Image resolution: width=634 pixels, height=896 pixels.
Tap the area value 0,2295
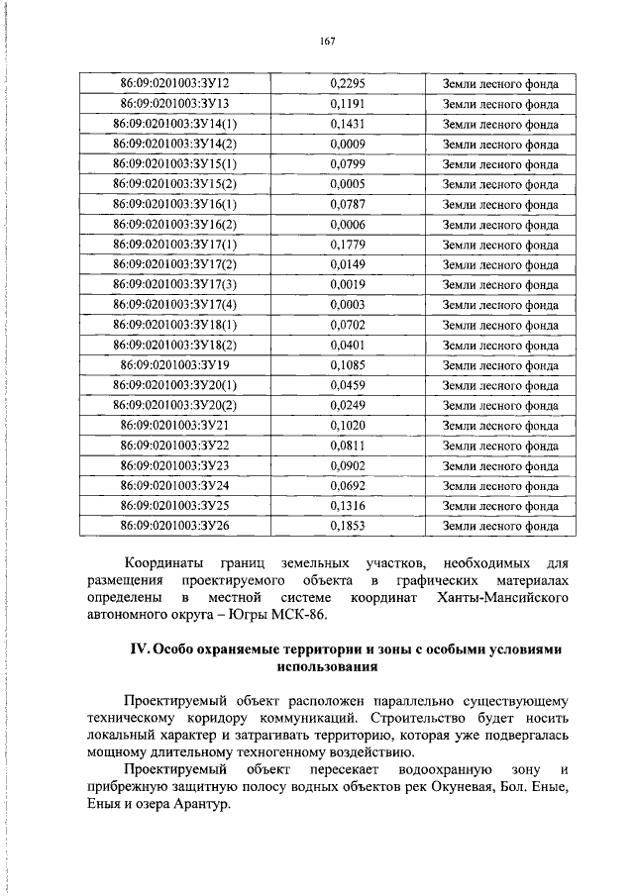(x=347, y=83)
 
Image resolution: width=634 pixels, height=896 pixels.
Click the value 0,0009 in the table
(x=347, y=144)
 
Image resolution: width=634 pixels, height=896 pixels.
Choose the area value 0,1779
(x=347, y=245)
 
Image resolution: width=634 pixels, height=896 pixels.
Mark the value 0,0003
(x=347, y=305)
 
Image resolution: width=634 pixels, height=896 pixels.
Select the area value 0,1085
(x=347, y=365)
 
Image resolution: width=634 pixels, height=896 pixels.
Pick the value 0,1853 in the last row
(x=347, y=526)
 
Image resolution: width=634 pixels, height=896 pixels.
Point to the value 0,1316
(x=347, y=506)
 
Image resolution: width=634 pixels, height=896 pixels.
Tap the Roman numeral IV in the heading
(x=139, y=650)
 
